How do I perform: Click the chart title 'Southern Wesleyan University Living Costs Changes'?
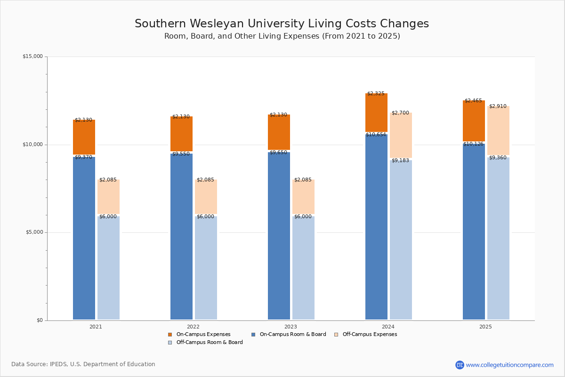tap(282, 24)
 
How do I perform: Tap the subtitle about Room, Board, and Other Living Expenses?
tap(282, 36)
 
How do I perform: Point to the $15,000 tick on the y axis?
tap(32, 57)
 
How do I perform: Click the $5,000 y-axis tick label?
tap(34, 232)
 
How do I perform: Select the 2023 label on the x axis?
tap(291, 327)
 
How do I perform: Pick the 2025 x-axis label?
tap(485, 327)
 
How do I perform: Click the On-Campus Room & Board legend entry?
tap(292, 335)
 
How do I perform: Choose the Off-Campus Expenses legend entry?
tap(369, 335)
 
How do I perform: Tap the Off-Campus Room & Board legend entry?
tap(209, 343)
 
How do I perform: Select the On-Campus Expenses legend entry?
tap(203, 335)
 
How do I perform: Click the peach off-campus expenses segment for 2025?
tap(498, 131)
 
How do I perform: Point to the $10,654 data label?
tap(376, 135)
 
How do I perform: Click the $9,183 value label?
tap(400, 161)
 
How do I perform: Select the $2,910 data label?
tap(498, 107)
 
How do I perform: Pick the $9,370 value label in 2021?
tap(83, 157)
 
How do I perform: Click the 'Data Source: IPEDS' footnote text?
tap(83, 364)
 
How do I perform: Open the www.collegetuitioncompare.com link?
tap(509, 365)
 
